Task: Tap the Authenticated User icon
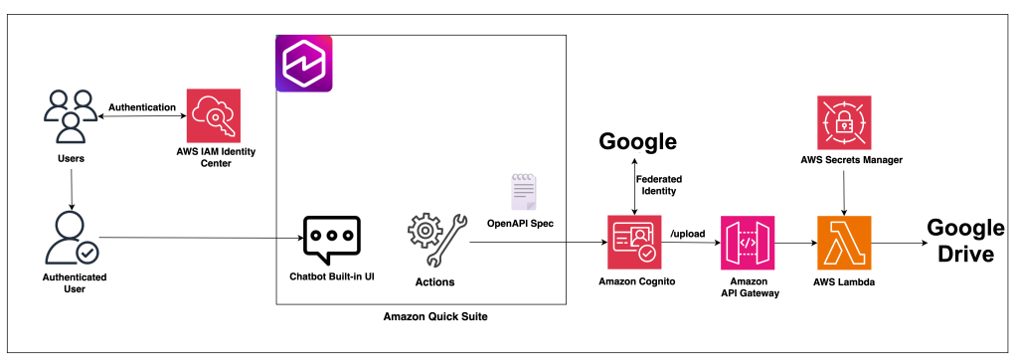[x=71, y=237]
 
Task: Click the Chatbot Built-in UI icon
[x=331, y=238]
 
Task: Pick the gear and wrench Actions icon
[x=434, y=238]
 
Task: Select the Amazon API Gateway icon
[x=748, y=241]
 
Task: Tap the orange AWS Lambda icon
[x=843, y=241]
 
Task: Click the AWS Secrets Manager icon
[x=843, y=122]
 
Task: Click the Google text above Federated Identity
[x=637, y=143]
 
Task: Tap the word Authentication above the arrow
[x=142, y=106]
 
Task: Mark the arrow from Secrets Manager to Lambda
[x=843, y=192]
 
